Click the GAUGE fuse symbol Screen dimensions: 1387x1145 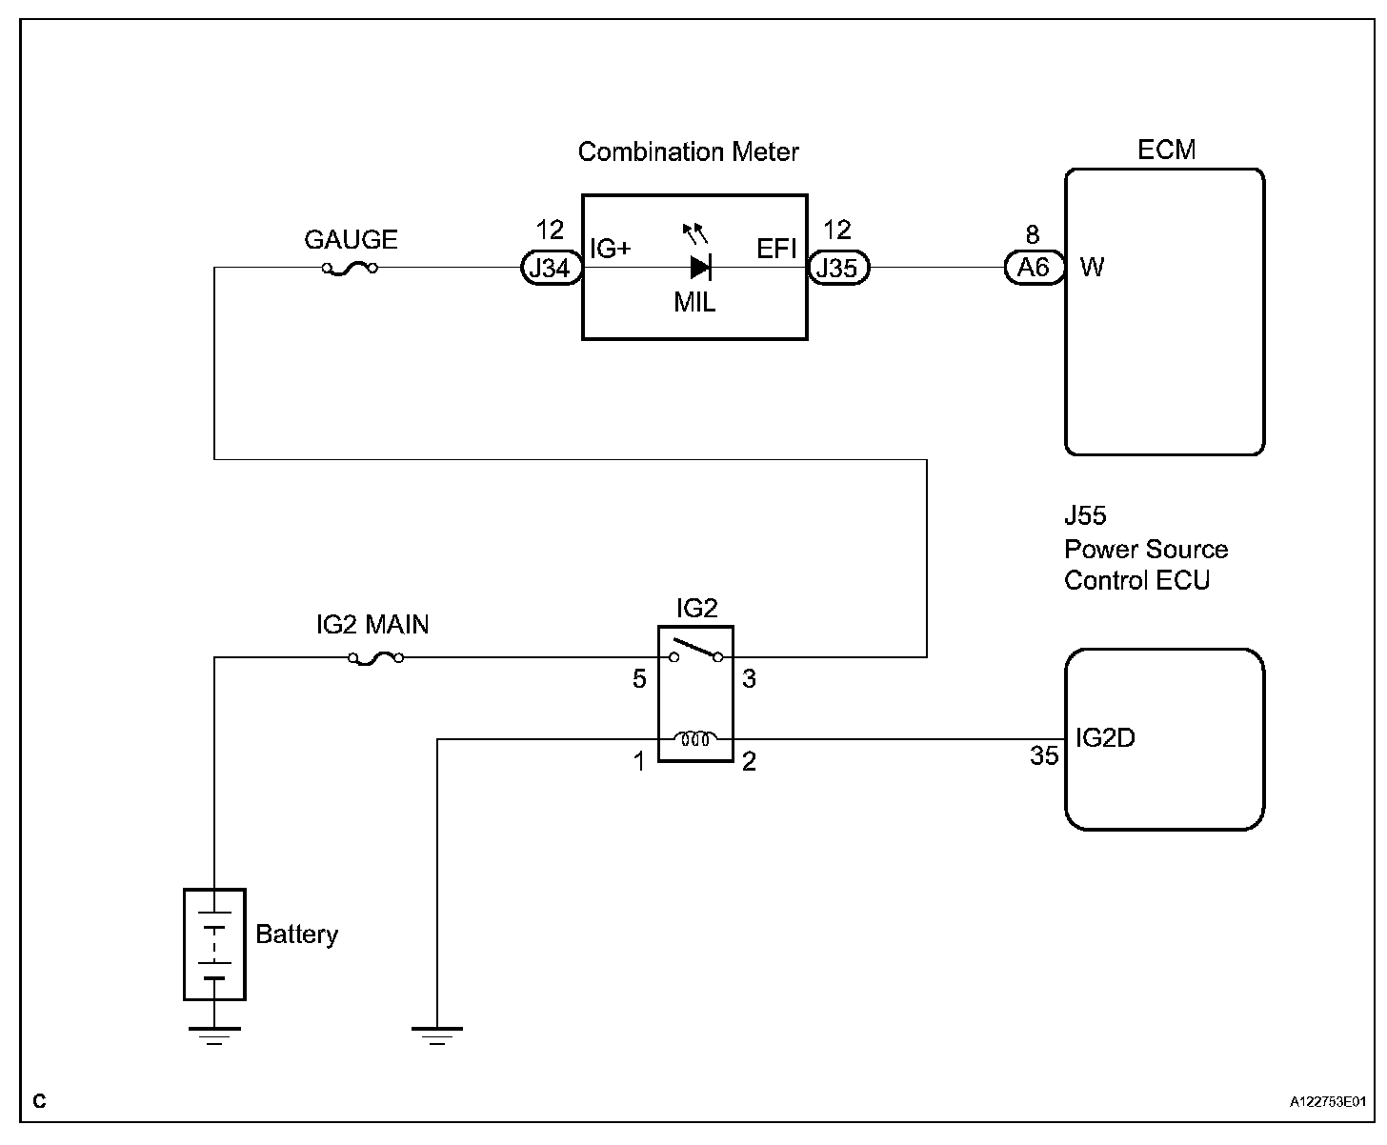coord(350,269)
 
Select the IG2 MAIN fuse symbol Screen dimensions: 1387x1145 coord(376,658)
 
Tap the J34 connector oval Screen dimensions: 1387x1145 coord(552,268)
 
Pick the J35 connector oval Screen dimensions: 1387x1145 coord(838,268)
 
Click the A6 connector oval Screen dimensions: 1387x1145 coord(1035,267)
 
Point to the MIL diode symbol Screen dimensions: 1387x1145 coord(701,267)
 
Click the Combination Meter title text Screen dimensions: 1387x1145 coord(688,152)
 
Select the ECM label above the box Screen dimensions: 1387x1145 coord(1166,150)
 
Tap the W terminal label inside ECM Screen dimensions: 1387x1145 coord(1092,267)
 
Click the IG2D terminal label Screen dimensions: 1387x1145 coord(1105,738)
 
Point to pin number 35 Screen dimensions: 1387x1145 coord(1043,755)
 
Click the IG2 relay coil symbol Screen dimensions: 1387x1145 coord(695,738)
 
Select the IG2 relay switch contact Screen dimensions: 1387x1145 coord(695,651)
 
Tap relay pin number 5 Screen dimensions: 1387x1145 coord(639,679)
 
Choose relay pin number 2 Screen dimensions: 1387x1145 coord(749,761)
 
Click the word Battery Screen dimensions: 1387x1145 coord(297,934)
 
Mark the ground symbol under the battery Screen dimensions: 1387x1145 coord(214,1036)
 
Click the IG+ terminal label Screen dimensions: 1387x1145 coord(610,249)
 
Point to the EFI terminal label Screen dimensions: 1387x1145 coord(776,249)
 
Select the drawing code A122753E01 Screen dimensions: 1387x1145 coord(1328,1102)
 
